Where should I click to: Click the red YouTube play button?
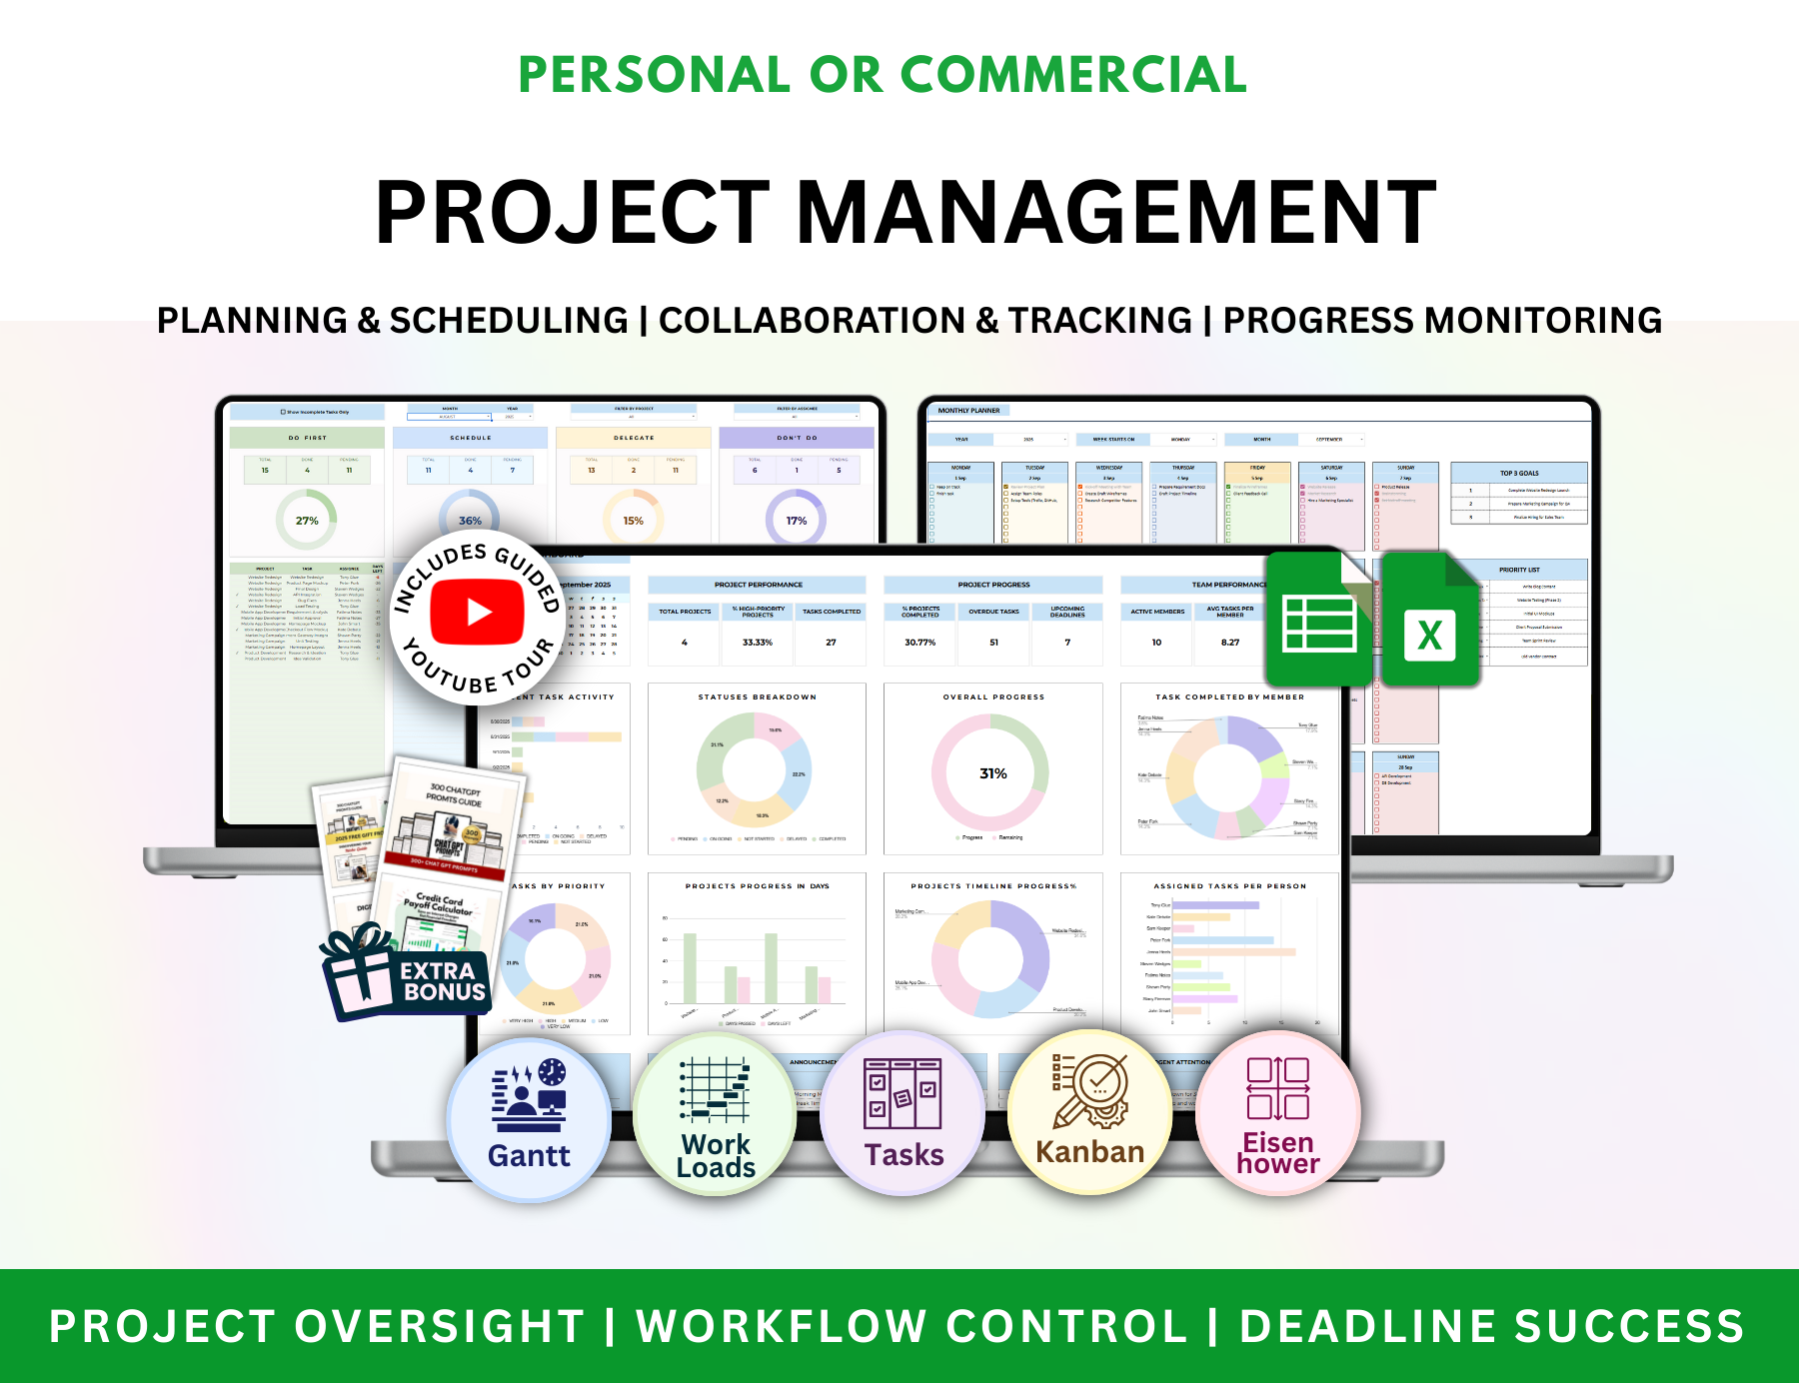(477, 612)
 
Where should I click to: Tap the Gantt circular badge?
(529, 1116)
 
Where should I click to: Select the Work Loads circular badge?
(716, 1116)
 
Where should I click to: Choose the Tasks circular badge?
(903, 1114)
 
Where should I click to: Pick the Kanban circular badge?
(1090, 1113)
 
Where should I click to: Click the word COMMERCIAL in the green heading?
(1073, 75)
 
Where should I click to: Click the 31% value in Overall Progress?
(992, 773)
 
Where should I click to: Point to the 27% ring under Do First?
(307, 521)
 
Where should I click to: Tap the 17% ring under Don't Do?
(796, 521)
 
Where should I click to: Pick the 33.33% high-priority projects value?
(758, 643)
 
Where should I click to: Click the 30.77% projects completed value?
(919, 643)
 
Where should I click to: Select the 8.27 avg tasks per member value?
(1229, 643)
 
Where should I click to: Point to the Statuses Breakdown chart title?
(757, 696)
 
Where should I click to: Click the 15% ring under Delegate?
(633, 521)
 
